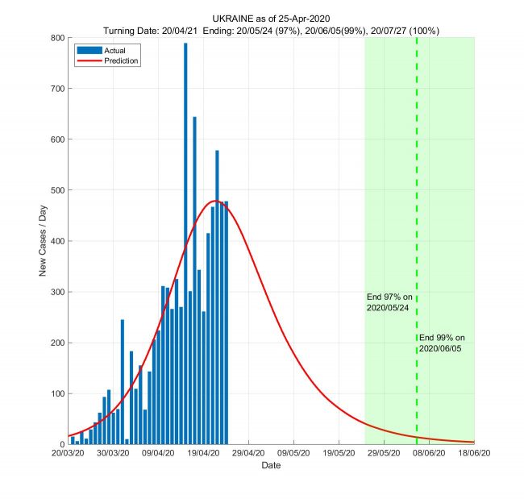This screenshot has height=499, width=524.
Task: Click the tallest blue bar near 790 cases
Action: [x=185, y=242]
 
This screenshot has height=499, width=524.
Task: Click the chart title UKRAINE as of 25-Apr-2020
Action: [x=270, y=18]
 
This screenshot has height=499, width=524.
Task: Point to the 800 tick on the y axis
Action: [x=56, y=38]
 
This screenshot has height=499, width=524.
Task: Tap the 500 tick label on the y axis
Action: [x=56, y=190]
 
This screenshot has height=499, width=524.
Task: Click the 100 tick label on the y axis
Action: [x=56, y=393]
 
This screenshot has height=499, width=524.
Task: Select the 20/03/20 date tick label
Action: [x=68, y=455]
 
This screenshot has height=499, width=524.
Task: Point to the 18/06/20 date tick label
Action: [x=473, y=455]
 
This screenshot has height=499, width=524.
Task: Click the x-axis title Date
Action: [x=271, y=466]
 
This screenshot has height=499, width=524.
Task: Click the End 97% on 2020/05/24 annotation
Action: [x=389, y=302]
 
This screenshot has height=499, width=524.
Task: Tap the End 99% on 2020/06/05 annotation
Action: [x=442, y=343]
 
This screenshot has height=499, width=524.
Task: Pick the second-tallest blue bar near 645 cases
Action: [x=194, y=282]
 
